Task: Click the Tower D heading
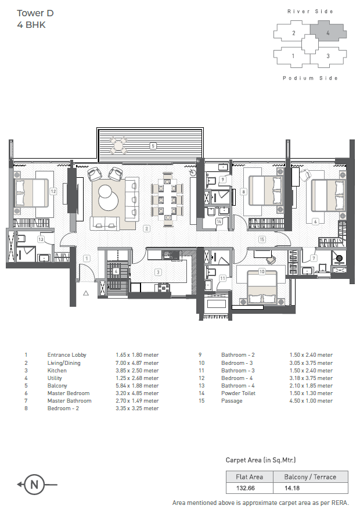pyautogui.click(x=35, y=13)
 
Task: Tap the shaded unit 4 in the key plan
pyautogui.click(x=328, y=31)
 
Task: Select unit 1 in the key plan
pyautogui.click(x=293, y=56)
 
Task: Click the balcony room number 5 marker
pyautogui.click(x=153, y=146)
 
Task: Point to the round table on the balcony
pyautogui.click(x=118, y=145)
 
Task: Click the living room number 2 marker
pyautogui.click(x=146, y=228)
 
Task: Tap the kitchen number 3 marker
pyautogui.click(x=158, y=272)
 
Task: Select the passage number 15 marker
pyautogui.click(x=262, y=239)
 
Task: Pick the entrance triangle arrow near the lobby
pyautogui.click(x=86, y=293)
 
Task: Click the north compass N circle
pyautogui.click(x=34, y=485)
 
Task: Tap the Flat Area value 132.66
pyautogui.click(x=246, y=488)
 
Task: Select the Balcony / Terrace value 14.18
pyautogui.click(x=292, y=488)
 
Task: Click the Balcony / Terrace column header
pyautogui.click(x=310, y=477)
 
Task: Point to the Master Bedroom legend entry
pyautogui.click(x=69, y=393)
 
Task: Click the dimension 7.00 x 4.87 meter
pyautogui.click(x=137, y=363)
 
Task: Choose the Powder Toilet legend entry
pyautogui.click(x=239, y=393)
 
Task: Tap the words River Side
pyautogui.click(x=310, y=12)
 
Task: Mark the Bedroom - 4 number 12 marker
pyautogui.click(x=53, y=191)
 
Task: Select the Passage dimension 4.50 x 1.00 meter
pyautogui.click(x=311, y=401)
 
